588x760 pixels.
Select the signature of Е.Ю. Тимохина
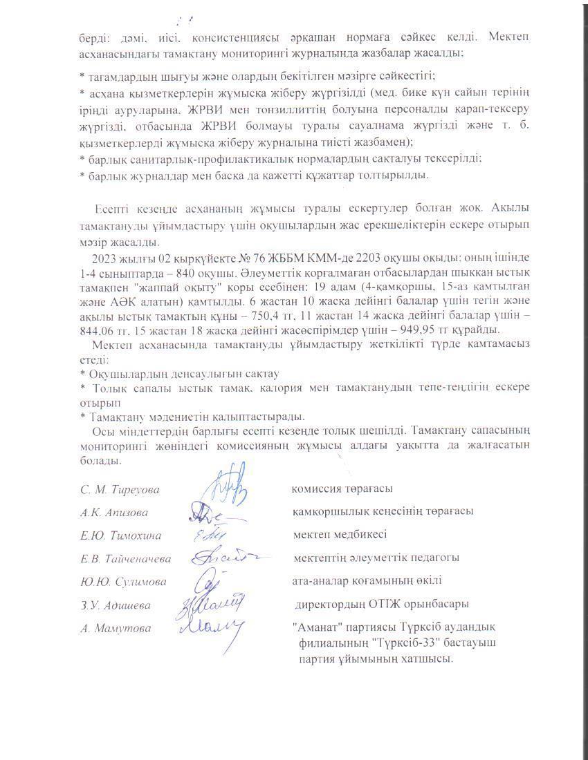click(205, 534)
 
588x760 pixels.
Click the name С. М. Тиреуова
click(120, 489)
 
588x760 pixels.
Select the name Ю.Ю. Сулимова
click(123, 582)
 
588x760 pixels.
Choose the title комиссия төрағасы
click(342, 488)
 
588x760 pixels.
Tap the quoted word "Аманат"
click(315, 627)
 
